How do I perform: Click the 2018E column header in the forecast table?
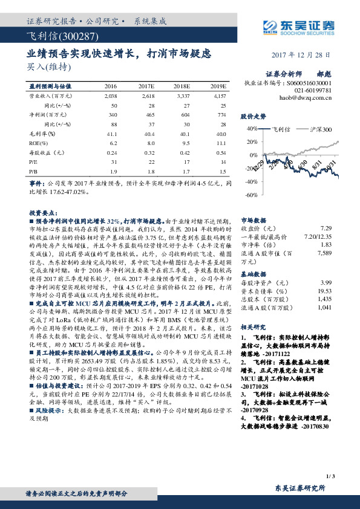(182, 87)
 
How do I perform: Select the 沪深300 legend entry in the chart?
(318, 129)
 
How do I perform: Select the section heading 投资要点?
(42, 214)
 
